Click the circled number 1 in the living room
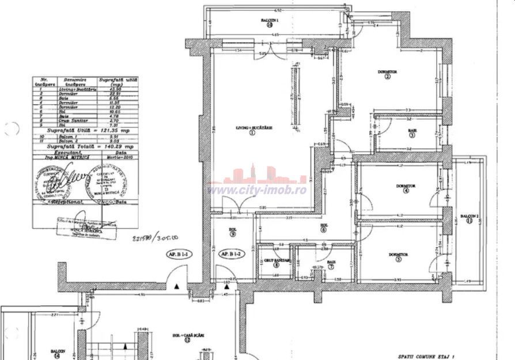pos(252,132)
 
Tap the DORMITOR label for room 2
pos(387,71)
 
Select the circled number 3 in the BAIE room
pos(412,135)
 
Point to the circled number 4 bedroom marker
pos(406,191)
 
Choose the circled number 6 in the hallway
pos(324,230)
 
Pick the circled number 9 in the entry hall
pos(232,234)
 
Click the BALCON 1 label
pos(270,20)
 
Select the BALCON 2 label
pos(467,215)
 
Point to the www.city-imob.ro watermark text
pos(257,190)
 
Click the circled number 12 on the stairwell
pos(188,340)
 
